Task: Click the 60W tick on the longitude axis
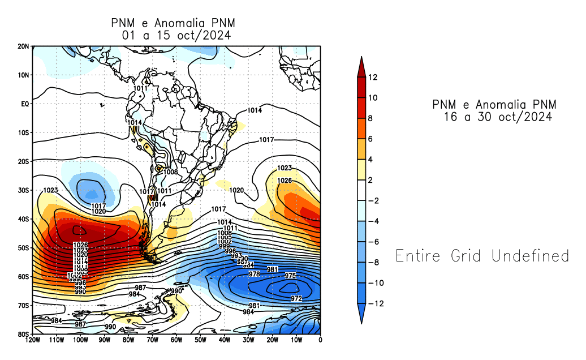(x=176, y=340)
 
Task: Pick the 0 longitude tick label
(x=321, y=340)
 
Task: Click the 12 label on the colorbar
(x=372, y=78)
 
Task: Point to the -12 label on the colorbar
(x=376, y=303)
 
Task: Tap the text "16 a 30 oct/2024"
(x=498, y=117)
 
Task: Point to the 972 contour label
(x=296, y=298)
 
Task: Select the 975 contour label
(x=290, y=276)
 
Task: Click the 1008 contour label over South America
(x=171, y=172)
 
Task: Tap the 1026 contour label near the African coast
(x=285, y=181)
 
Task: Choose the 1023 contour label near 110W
(x=51, y=190)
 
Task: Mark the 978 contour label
(x=255, y=274)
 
